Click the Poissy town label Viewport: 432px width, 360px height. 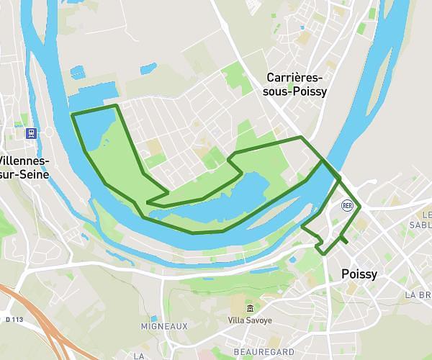pos(359,274)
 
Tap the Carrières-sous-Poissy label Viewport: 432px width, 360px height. pos(297,84)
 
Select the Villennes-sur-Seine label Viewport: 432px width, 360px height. pos(22,166)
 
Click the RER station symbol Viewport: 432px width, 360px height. pos(347,205)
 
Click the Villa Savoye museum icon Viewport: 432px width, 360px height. pos(250,308)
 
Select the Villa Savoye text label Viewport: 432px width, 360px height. pos(250,320)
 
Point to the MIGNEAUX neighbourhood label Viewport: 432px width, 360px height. pos(164,326)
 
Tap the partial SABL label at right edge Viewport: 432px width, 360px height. pos(421,224)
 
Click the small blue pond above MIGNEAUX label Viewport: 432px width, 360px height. pos(153,318)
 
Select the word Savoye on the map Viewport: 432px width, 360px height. pos(260,320)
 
